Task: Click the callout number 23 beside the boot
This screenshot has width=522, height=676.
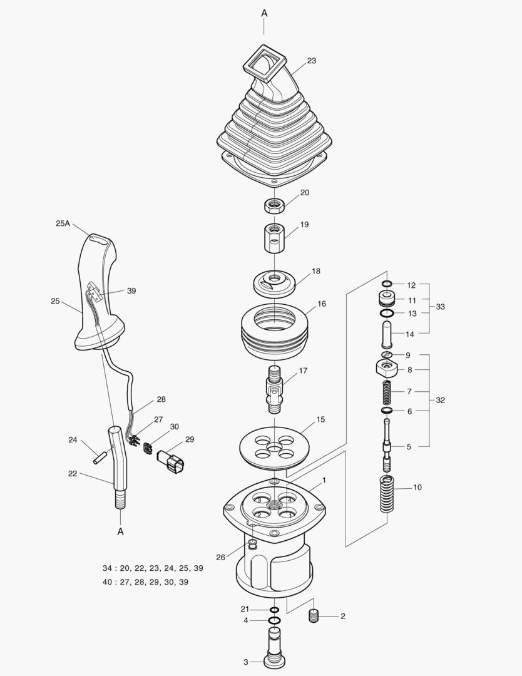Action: click(311, 61)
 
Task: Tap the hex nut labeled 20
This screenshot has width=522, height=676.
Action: click(273, 205)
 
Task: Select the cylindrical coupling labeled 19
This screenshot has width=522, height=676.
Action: click(272, 237)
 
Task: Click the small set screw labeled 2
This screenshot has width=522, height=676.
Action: click(315, 617)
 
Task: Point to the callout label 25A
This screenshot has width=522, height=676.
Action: click(63, 223)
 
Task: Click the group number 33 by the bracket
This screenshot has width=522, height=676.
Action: click(441, 307)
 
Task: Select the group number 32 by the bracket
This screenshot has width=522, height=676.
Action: click(441, 400)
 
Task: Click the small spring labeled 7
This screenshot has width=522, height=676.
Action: click(387, 392)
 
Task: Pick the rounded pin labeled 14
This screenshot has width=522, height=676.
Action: click(386, 334)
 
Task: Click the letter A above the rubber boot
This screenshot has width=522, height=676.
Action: click(264, 13)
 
